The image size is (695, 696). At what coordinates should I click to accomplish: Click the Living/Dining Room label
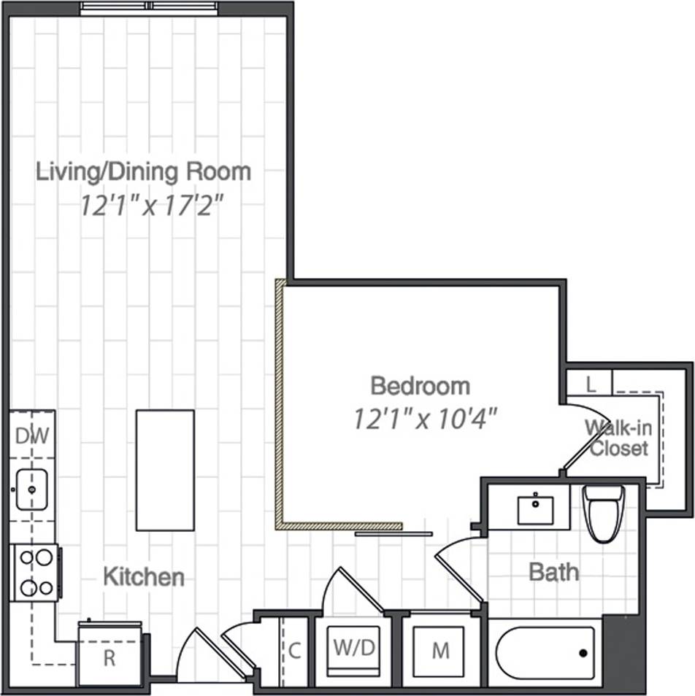coord(144,172)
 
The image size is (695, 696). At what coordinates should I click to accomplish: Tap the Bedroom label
coord(420,385)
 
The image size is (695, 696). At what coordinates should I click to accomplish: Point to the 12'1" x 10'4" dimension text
coord(425,419)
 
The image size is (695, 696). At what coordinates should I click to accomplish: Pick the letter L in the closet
coord(591,384)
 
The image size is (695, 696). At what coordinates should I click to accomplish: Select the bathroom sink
coord(538,509)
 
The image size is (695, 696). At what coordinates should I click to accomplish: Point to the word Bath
coord(553,572)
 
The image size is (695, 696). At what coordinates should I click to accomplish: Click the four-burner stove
coord(35,573)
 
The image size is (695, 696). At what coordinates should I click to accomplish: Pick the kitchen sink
coord(31,489)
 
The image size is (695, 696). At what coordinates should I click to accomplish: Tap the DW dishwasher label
coord(32,436)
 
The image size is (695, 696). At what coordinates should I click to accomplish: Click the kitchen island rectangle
coord(164,470)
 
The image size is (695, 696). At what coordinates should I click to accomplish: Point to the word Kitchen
coord(143,577)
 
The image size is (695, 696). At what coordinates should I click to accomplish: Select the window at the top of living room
coord(149,8)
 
